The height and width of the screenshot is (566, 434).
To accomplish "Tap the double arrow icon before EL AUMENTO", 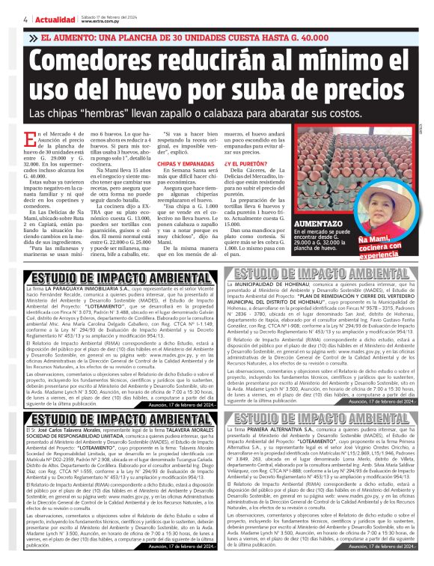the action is [x=34, y=37].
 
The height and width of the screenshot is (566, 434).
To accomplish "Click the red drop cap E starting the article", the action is [x=31, y=136].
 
